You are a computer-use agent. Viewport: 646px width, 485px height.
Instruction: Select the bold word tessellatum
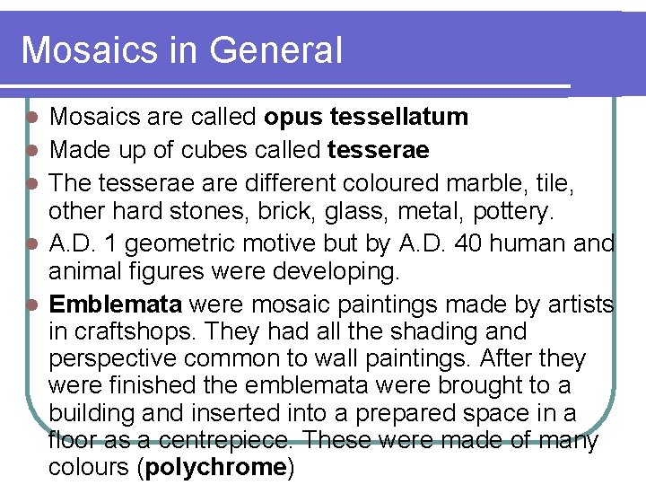[399, 117]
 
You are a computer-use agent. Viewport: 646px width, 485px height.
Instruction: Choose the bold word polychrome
[215, 468]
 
